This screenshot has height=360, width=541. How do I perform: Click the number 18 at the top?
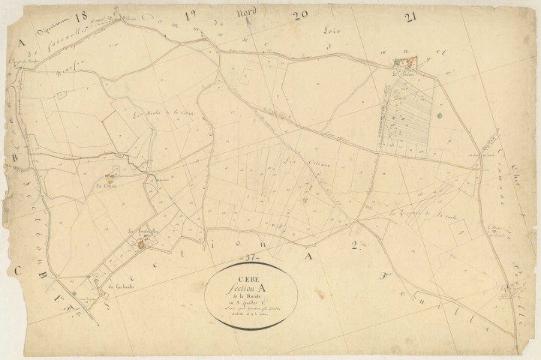[82, 15]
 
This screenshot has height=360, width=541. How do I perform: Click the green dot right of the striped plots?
[440, 115]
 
